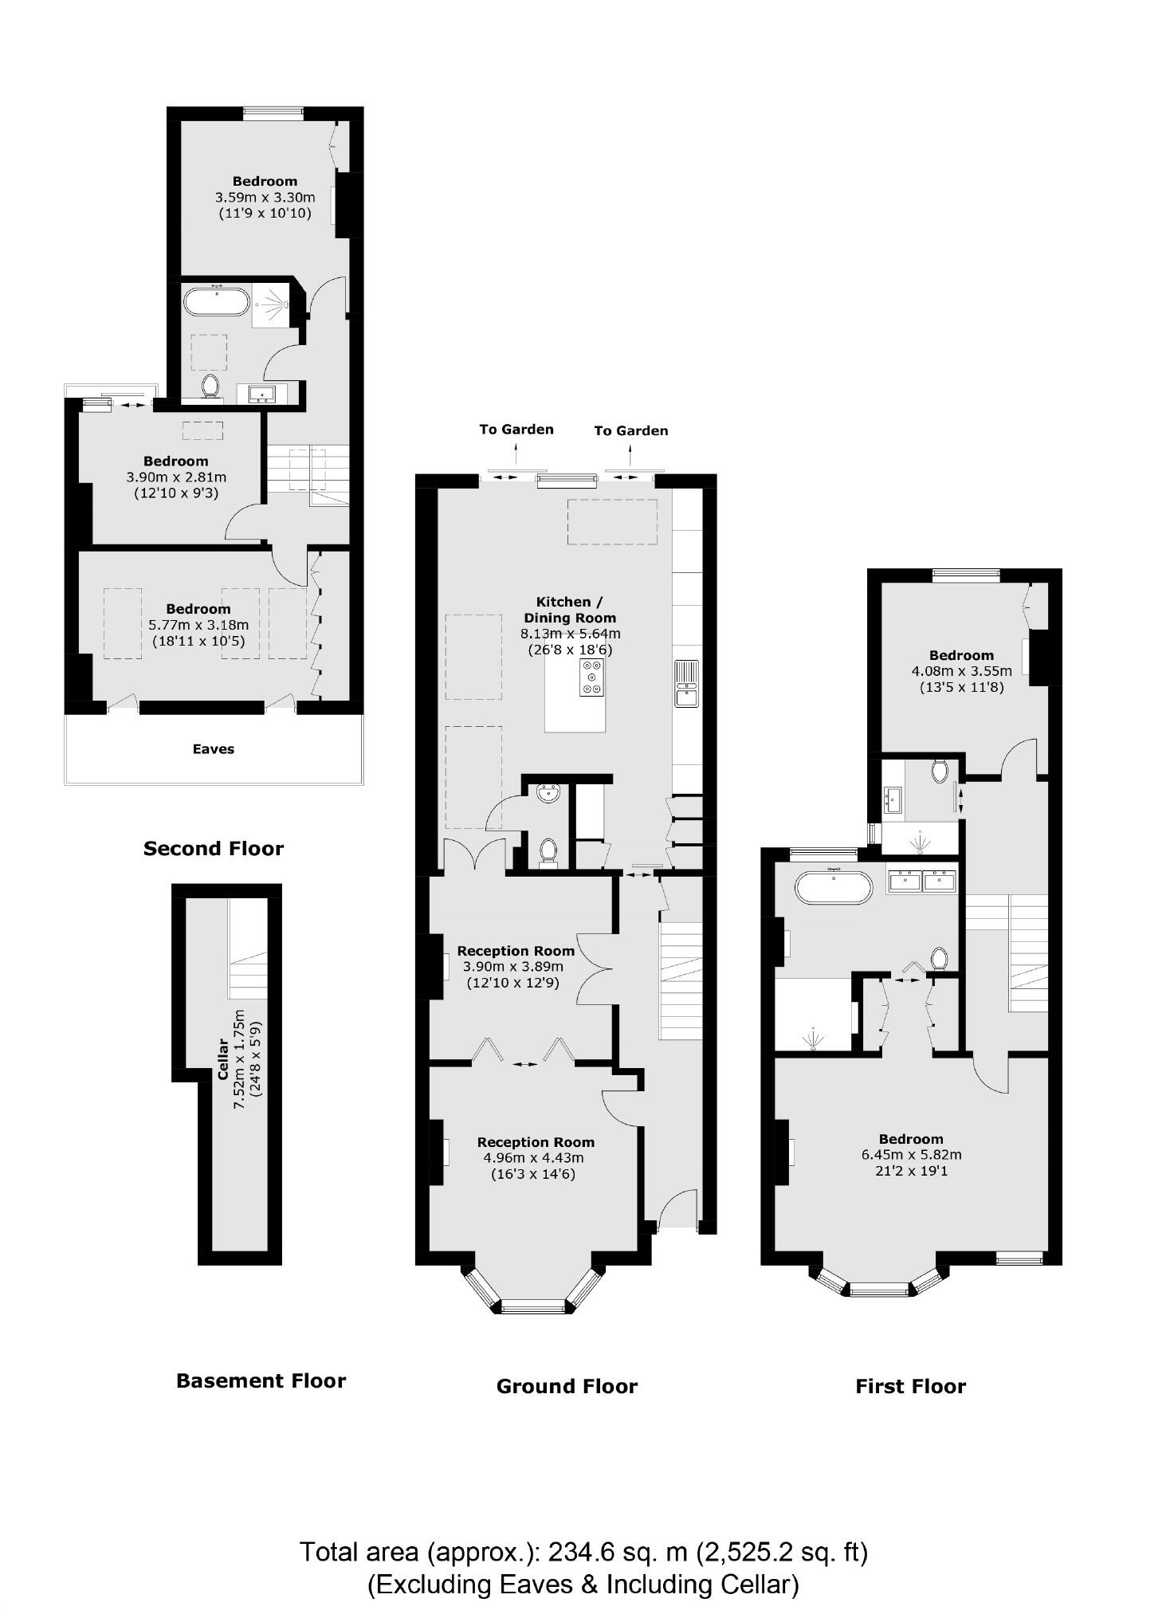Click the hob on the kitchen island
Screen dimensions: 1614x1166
[x=592, y=677]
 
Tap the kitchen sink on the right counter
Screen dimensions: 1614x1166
[x=686, y=683]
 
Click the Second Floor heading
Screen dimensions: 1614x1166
[x=213, y=848]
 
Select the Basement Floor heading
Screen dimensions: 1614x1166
[x=261, y=1380]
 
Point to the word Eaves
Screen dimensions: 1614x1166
[x=213, y=748]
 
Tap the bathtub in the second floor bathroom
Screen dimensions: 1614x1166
[x=216, y=302]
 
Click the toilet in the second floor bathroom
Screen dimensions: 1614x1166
[x=210, y=387]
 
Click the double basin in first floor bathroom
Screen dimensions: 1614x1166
[x=922, y=880]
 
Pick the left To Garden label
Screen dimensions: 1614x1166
[x=516, y=429]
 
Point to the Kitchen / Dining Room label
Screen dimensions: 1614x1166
[x=569, y=610]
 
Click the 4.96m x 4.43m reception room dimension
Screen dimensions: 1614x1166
[x=533, y=1158]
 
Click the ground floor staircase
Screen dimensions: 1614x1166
[x=680, y=980]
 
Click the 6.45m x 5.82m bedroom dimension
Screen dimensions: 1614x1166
[x=910, y=1154]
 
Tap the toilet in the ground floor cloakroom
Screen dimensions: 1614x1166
[x=548, y=850]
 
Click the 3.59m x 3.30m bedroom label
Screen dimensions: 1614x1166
[x=265, y=197]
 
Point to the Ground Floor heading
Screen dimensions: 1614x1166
[x=567, y=1386]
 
